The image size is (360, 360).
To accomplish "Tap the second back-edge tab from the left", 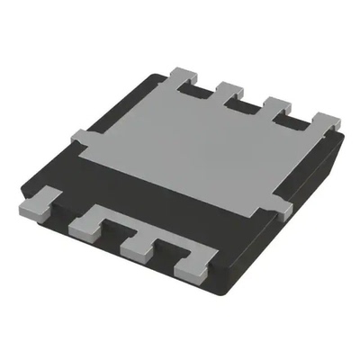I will [231, 89].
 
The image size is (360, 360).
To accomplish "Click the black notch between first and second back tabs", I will [207, 90].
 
